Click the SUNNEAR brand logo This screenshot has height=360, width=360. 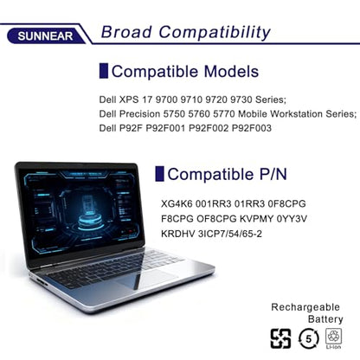pos(46,35)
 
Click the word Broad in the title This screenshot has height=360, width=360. pos(126,32)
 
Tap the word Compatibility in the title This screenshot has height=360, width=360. pos(215,33)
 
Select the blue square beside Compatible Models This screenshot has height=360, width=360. pos(104,71)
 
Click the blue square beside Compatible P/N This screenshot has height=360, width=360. pos(159,174)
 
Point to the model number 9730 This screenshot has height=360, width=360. pos(241,100)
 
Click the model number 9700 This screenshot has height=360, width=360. pos(166,100)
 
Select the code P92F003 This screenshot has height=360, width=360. pos(252,128)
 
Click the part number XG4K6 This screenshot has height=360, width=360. pos(177,203)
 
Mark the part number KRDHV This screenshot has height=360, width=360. pos(178,234)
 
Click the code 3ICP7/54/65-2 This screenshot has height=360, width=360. pos(230,234)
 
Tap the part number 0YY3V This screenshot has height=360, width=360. pos(292,219)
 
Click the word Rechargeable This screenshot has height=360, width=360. pos(305,307)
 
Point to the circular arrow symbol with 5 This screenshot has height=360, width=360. pos(309,338)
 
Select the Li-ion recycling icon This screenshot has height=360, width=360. pos(333,338)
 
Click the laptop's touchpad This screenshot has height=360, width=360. pos(146,279)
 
